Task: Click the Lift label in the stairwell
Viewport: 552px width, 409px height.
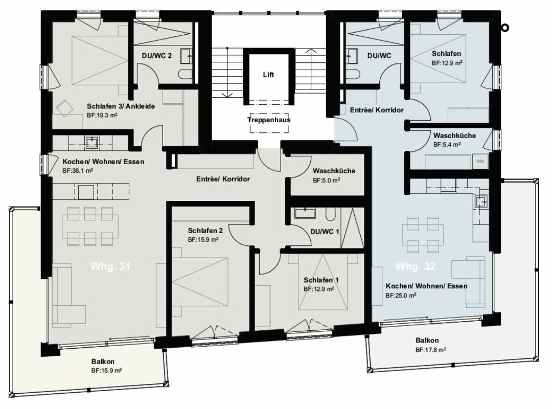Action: click(269, 75)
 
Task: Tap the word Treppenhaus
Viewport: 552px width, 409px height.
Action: click(269, 120)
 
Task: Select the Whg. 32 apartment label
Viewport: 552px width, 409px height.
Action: click(415, 266)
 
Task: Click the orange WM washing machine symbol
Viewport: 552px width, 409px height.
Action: click(479, 161)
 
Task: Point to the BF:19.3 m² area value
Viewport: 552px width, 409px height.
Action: click(102, 116)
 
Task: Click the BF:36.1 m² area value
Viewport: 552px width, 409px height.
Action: click(78, 171)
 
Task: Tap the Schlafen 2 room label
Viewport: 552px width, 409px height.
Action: click(204, 230)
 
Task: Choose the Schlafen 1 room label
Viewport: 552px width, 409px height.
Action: click(320, 280)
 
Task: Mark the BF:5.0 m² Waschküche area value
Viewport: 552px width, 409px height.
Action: click(327, 180)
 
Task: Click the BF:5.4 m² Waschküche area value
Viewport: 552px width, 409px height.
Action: click(447, 145)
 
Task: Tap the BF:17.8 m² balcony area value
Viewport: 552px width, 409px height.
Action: click(431, 350)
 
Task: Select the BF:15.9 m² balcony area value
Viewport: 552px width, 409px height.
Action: click(106, 370)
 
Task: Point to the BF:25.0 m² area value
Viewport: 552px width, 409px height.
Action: click(401, 295)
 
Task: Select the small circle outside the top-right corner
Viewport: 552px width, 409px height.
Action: click(505, 29)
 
